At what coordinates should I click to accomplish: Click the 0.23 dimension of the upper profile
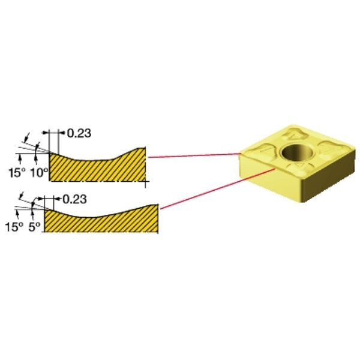coord(79,133)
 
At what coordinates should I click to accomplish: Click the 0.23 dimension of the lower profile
coord(74,199)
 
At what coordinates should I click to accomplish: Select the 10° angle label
coord(40,173)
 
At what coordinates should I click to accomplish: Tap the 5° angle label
coord(34,227)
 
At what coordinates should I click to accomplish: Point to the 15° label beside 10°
coord(17,173)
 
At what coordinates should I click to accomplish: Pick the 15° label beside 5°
coord(14,227)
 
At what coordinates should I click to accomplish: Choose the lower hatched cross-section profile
coord(101,221)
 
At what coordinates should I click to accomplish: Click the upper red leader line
coord(194,155)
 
